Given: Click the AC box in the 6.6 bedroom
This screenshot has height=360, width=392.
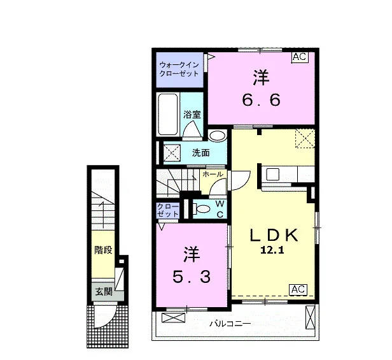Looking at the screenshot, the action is (300, 57).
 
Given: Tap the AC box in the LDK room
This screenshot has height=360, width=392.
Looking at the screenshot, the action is (298, 289).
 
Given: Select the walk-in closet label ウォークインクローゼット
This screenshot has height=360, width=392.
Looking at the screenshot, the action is (179, 69).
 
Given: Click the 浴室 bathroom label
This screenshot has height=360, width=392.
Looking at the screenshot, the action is (192, 115).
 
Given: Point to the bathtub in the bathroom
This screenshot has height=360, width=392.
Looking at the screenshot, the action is (168, 115).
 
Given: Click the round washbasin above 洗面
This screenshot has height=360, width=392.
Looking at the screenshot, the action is (217, 136).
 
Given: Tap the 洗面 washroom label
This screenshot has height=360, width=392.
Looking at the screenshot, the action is (200, 153).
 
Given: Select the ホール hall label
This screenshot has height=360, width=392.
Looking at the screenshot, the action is (213, 174).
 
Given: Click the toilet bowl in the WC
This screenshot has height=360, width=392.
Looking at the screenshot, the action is (202, 208).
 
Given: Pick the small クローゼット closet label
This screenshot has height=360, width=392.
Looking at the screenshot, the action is (168, 210).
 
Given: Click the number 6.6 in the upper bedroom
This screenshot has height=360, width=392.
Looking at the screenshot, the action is (261, 100).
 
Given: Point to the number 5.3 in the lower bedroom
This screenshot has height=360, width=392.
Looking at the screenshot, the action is (192, 277).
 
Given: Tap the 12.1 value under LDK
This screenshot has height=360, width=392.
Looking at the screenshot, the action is (272, 250).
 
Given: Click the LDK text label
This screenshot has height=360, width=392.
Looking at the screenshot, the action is (274, 235).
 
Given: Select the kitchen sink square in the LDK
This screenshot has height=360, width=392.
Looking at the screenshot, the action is (273, 174).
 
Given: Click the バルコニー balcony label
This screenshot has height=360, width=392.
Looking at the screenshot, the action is (230, 324).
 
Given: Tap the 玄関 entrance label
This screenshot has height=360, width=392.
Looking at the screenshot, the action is (104, 292).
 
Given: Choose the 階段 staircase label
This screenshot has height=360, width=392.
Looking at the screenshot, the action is (103, 250).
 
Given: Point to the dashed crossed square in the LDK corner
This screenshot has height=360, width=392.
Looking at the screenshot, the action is (305, 138).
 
